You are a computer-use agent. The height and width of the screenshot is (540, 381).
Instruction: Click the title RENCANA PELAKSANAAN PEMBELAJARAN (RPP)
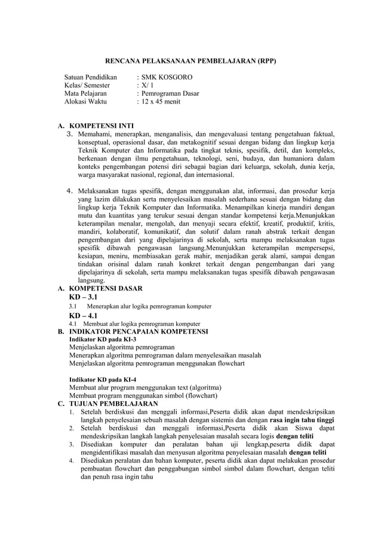point(190,61)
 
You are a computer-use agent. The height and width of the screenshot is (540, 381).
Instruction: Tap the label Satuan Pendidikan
point(91,78)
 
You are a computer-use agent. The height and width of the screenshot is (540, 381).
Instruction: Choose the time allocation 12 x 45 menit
point(161,102)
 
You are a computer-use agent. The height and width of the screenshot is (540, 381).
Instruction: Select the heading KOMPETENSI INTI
point(102,126)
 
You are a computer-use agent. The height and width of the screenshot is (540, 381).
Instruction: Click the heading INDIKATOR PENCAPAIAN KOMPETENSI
point(139,331)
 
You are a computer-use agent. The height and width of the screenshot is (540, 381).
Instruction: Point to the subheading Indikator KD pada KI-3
point(103,338)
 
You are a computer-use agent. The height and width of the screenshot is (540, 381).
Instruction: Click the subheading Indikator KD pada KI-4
point(103,380)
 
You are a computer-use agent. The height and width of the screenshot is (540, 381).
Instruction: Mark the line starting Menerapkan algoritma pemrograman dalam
point(165,355)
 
